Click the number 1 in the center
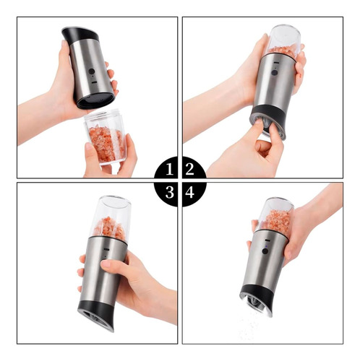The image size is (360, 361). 169,169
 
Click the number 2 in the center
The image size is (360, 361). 189,169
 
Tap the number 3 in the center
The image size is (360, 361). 170,192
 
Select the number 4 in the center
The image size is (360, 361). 189,192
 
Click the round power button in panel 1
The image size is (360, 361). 92,71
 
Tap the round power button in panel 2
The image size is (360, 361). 274,72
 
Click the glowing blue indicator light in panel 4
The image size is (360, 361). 265,246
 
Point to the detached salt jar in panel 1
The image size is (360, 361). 105,136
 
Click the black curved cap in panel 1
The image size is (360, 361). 80,34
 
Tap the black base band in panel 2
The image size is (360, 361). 270,118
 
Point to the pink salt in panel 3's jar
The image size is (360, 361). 109,228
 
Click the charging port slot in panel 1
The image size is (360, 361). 94,82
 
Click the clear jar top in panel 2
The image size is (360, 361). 284,41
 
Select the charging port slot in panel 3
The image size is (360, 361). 106,249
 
